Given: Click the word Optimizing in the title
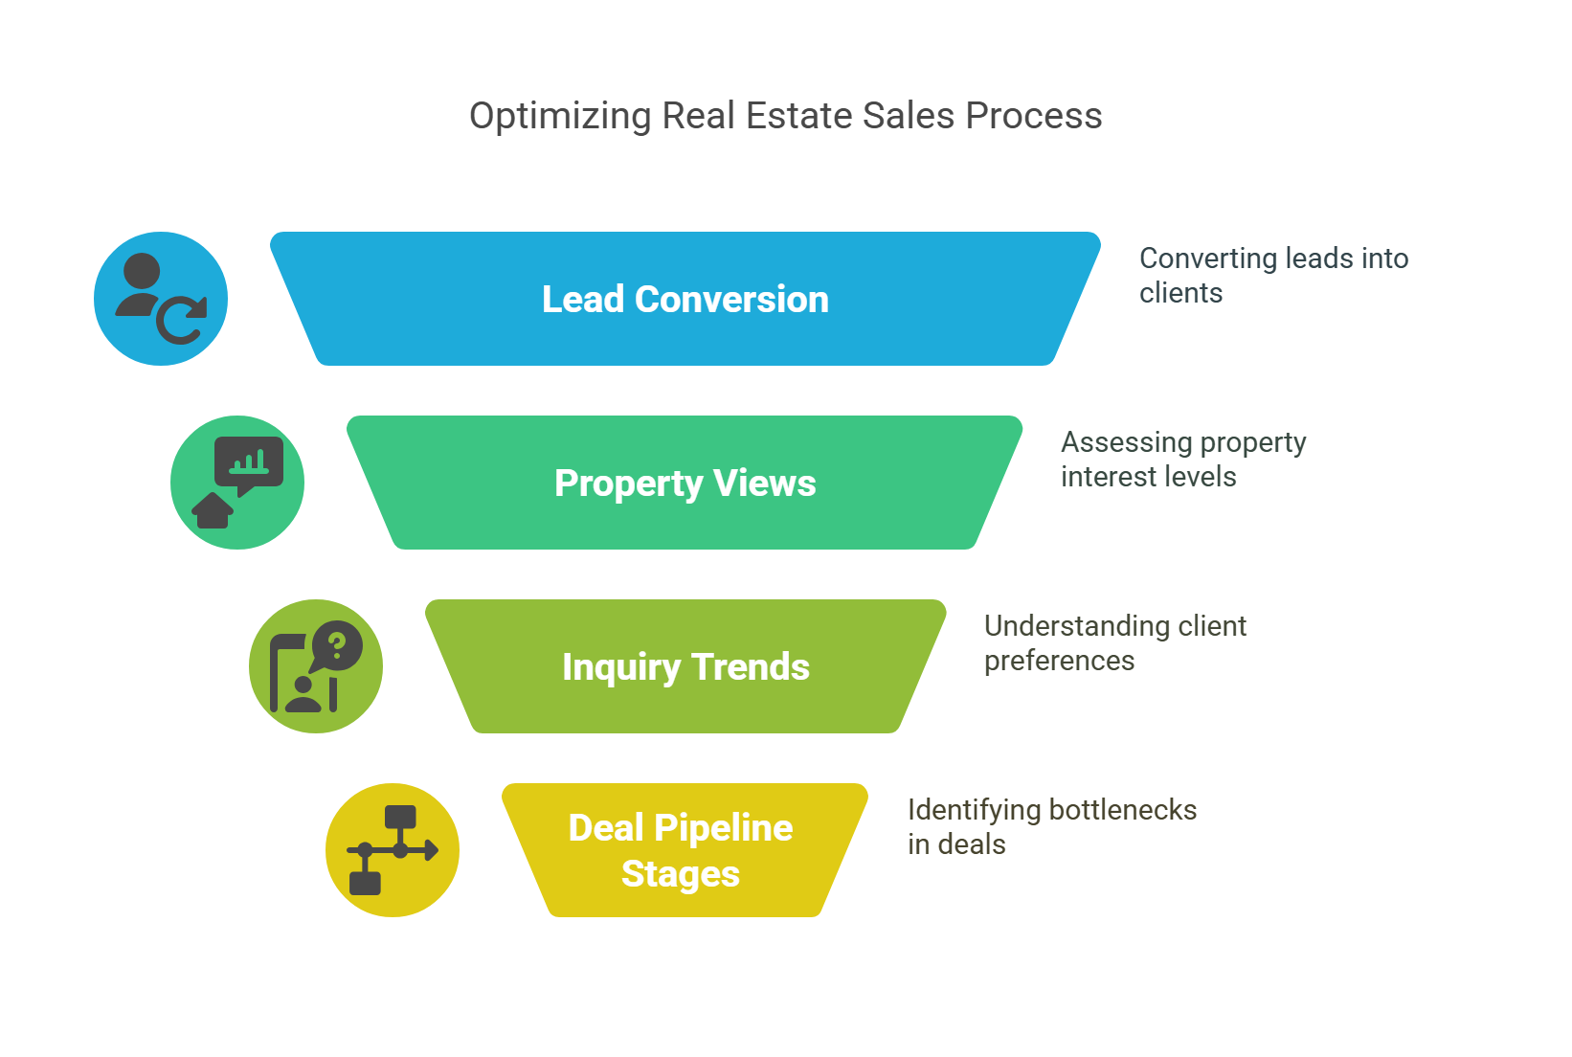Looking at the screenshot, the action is tap(560, 117).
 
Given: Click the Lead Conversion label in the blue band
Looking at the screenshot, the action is tap(685, 299).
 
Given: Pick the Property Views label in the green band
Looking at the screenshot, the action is tap(685, 484).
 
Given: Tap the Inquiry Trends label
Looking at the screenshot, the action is tap(685, 667).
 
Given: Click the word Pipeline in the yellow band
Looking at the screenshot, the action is tap(724, 828).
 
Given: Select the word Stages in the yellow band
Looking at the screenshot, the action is tap(681, 875).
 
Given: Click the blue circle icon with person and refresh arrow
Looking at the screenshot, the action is tap(161, 299).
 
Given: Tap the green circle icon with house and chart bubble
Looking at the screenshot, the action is tap(237, 483).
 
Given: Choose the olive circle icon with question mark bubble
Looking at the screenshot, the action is tap(316, 666).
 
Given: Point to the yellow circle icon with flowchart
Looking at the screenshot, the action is tap(393, 850).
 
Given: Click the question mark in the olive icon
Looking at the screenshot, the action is tap(338, 645).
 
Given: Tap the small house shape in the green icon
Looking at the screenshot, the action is tap(213, 510).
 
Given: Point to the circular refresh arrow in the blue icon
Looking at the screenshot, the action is tap(181, 320).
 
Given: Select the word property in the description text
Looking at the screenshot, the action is tap(1253, 443).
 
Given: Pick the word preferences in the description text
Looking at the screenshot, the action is tap(1059, 662).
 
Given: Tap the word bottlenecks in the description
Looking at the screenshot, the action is tap(1123, 810).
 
